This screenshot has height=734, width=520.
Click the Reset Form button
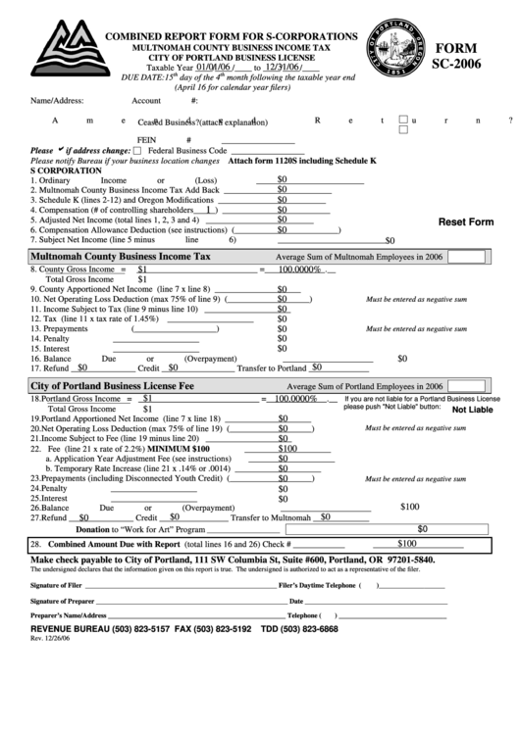click(x=465, y=222)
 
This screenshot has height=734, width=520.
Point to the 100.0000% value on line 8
click(x=299, y=269)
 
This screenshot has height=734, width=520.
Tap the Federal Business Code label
click(x=187, y=151)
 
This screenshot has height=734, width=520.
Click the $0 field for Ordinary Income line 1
click(x=283, y=179)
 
